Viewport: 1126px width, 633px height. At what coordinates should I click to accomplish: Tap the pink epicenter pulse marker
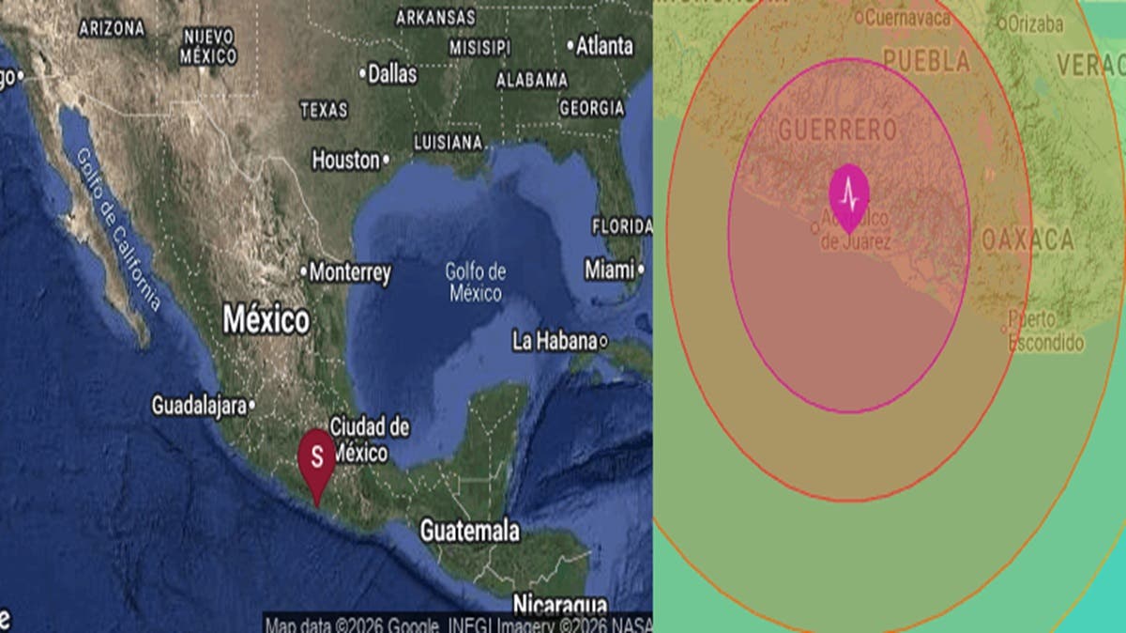[849, 195]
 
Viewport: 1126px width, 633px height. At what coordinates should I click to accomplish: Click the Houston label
[346, 161]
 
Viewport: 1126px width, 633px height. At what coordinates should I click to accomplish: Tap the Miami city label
[610, 270]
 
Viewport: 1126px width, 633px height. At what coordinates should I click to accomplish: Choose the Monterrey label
[349, 273]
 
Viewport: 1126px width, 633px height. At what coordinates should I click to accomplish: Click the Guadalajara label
[200, 406]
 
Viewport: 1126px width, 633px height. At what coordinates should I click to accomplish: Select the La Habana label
[555, 341]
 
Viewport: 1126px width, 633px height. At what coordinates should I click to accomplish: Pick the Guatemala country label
[469, 531]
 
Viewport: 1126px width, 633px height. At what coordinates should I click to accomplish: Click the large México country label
[266, 319]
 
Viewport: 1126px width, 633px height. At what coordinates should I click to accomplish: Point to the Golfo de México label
[476, 283]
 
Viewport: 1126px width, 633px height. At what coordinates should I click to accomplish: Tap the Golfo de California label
[118, 230]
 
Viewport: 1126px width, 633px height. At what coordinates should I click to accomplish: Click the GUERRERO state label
[838, 130]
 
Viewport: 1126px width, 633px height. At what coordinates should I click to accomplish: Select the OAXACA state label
[1027, 239]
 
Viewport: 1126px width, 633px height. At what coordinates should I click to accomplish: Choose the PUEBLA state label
[926, 62]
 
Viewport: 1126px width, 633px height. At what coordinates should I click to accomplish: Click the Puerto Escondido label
[1045, 332]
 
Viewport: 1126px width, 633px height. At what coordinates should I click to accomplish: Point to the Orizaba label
[1035, 24]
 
